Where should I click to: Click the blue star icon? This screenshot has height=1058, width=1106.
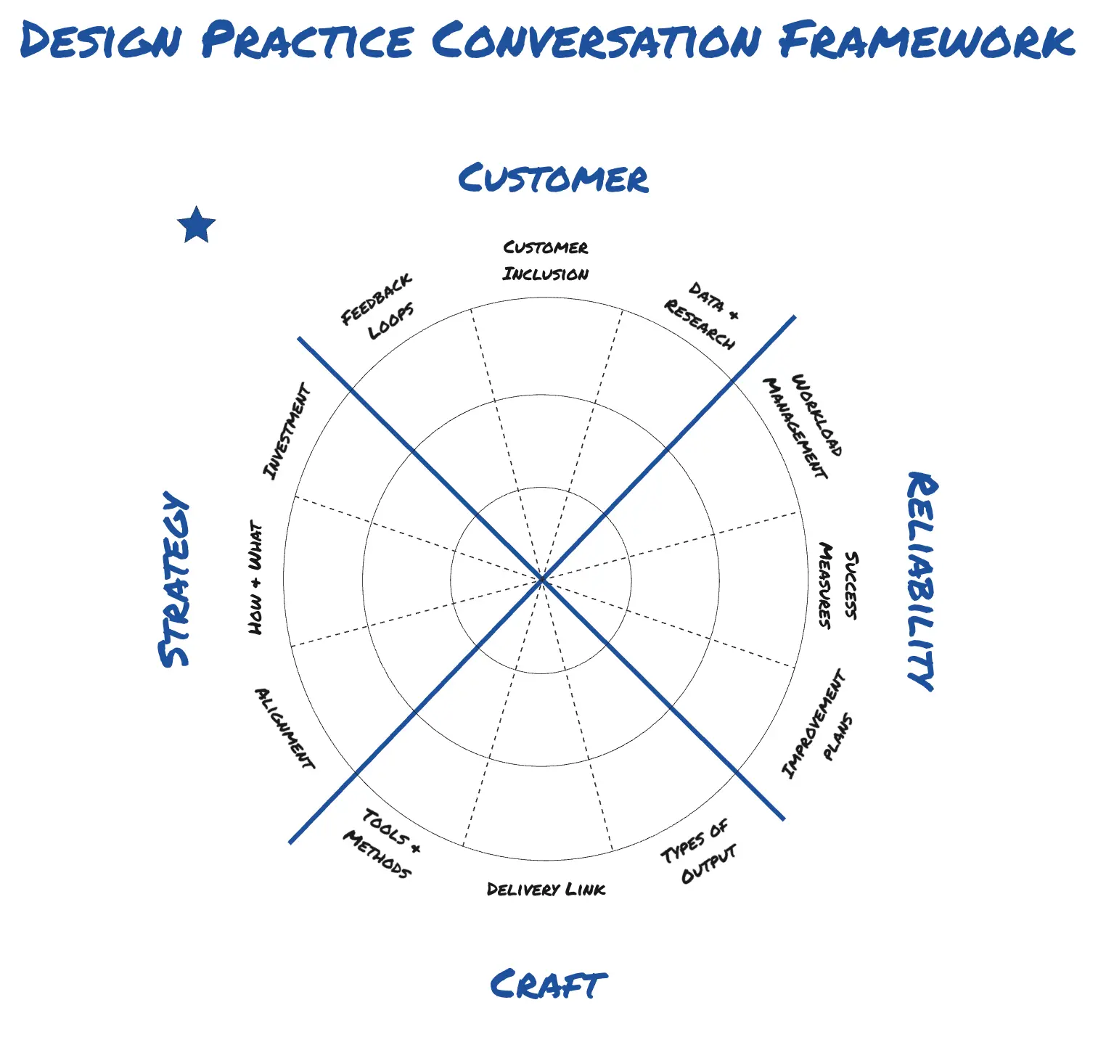(x=197, y=225)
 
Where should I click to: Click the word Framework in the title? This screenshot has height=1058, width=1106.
(x=927, y=41)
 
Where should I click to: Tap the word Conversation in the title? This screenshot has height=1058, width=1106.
(x=597, y=41)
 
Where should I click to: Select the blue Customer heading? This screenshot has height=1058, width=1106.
(x=553, y=179)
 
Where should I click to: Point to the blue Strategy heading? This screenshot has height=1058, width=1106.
(x=174, y=579)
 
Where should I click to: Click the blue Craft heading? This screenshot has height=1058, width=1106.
(x=548, y=985)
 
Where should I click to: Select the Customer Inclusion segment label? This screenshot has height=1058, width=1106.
(x=546, y=261)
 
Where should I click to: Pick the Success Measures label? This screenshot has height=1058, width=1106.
(x=837, y=585)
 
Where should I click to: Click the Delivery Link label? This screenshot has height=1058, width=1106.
(x=546, y=889)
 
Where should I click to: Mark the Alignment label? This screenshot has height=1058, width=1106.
(x=284, y=728)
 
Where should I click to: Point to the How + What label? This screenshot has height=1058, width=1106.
(x=255, y=577)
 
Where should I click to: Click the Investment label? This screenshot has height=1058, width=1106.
(x=286, y=431)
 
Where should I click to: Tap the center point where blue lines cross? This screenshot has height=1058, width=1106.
(x=541, y=579)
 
